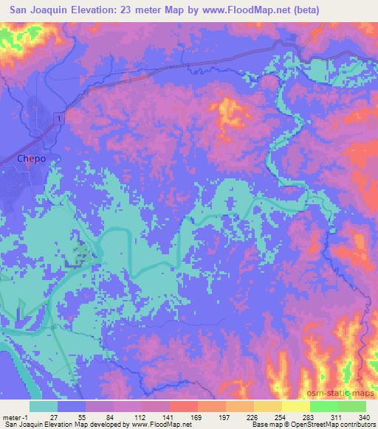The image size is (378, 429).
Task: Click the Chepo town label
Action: pyautogui.click(x=30, y=158)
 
